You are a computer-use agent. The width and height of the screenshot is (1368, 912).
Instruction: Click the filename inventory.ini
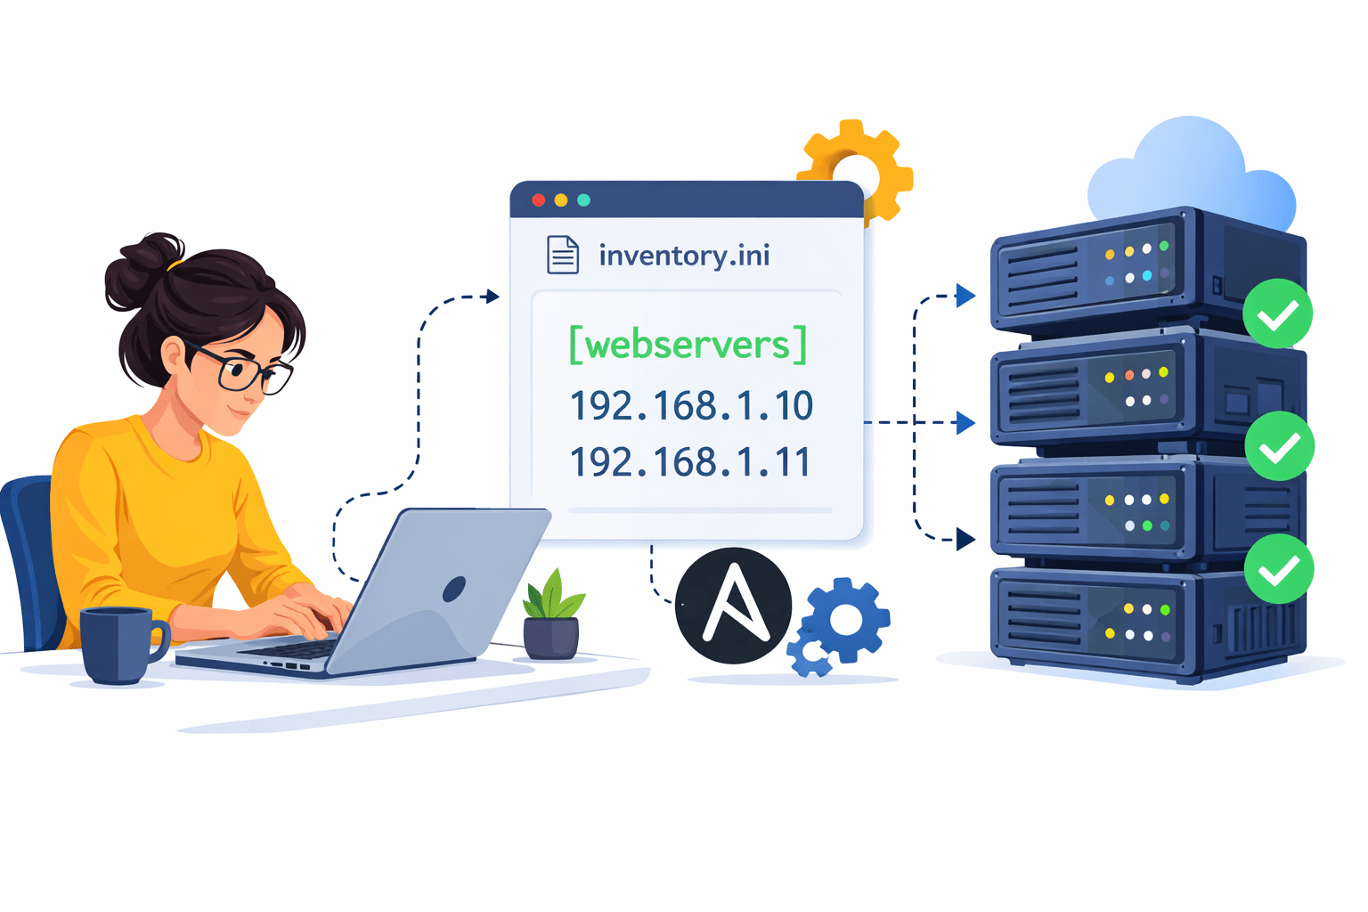pyautogui.click(x=683, y=256)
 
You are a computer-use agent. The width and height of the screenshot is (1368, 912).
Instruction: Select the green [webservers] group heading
pyautogui.click(x=688, y=345)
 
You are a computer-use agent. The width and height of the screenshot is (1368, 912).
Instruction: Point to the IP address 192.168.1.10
pyautogui.click(x=691, y=406)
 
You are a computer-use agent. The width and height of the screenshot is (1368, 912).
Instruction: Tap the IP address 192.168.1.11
pyautogui.click(x=690, y=462)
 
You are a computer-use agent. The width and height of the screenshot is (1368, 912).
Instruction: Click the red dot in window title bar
pyautogui.click(x=538, y=199)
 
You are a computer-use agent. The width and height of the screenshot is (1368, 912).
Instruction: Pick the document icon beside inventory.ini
pyautogui.click(x=562, y=255)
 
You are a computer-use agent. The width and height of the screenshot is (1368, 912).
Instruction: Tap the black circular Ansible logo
pyautogui.click(x=733, y=606)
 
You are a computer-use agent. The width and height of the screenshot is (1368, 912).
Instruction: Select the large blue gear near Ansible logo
pyautogui.click(x=845, y=620)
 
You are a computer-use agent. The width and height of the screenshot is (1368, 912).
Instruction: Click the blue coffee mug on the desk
pyautogui.click(x=118, y=644)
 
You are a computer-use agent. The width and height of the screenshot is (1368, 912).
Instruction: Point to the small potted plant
pyautogui.click(x=552, y=616)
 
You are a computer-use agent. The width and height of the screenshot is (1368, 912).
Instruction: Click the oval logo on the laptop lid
pyautogui.click(x=454, y=588)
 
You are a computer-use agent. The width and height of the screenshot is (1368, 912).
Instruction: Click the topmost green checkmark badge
pyautogui.click(x=1277, y=313)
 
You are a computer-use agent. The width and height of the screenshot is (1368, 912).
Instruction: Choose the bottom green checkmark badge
pyautogui.click(x=1278, y=568)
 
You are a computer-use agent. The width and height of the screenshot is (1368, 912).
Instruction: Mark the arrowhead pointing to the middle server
pyautogui.click(x=965, y=422)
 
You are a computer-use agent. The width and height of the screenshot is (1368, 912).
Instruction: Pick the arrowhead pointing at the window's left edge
pyautogui.click(x=493, y=296)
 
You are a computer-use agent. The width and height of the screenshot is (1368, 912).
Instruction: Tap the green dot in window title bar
pyautogui.click(x=583, y=199)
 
